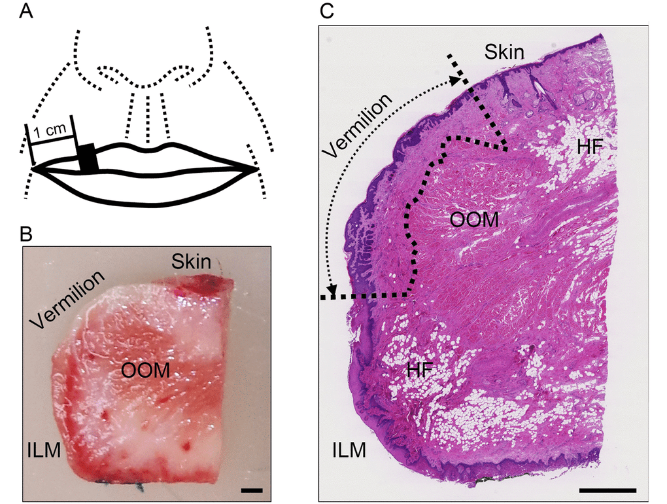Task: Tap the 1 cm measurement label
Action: click(x=50, y=131)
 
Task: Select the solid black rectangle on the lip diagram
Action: click(x=88, y=158)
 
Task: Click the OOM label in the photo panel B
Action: click(x=146, y=370)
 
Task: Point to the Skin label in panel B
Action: click(x=191, y=262)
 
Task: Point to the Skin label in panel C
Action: click(x=504, y=52)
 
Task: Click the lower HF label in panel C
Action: click(x=422, y=370)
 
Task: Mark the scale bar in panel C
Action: click(x=607, y=490)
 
